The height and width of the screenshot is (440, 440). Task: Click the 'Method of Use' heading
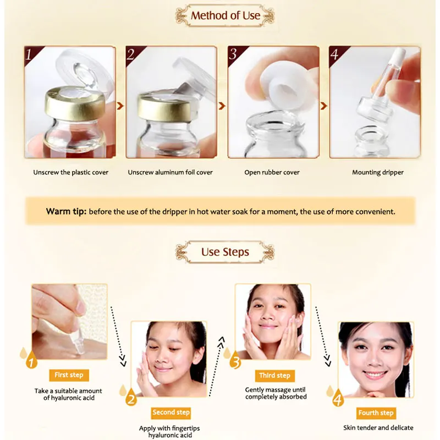(x=225, y=15)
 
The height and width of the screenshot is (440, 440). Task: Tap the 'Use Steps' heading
(x=225, y=252)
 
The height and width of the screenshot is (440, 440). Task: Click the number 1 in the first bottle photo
(x=29, y=54)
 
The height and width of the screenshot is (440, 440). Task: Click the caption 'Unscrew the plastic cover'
(x=71, y=172)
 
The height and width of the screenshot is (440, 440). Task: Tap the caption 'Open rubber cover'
(x=272, y=172)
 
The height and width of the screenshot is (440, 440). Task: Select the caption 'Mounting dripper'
(x=377, y=172)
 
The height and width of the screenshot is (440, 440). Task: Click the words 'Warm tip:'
(x=66, y=211)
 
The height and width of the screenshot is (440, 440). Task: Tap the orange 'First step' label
(x=69, y=375)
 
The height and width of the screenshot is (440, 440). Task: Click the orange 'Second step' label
(x=171, y=412)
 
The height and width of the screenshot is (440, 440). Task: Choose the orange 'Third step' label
(x=274, y=376)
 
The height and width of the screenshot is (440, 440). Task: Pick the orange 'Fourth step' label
(x=376, y=413)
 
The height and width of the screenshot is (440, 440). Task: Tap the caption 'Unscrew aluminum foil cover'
(x=170, y=172)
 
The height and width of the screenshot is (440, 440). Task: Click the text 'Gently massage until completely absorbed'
(x=276, y=393)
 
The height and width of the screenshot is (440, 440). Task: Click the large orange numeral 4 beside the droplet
(x=338, y=399)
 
